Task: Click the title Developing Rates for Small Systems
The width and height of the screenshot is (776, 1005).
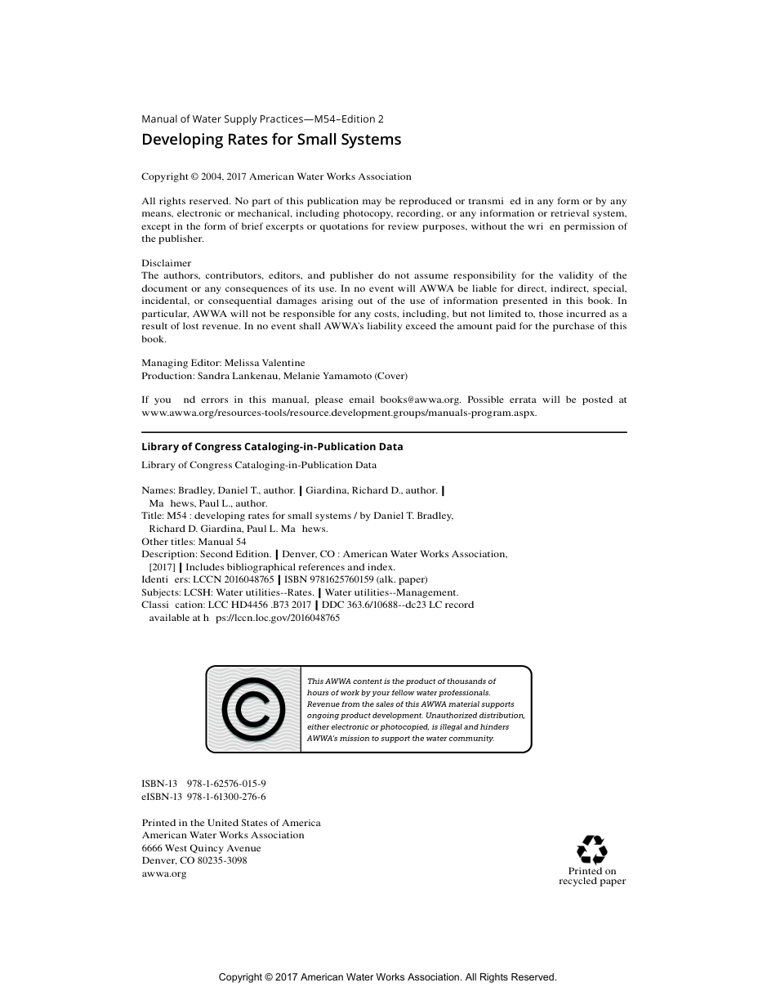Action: point(271,140)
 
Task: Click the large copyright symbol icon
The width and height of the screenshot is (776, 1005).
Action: point(253,709)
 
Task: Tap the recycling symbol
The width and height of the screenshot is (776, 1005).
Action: point(591,849)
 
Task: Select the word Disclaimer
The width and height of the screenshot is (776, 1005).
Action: point(166,263)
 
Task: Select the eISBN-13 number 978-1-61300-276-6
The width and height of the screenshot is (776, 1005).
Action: point(226,796)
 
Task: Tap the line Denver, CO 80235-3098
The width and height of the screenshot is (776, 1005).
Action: point(194,860)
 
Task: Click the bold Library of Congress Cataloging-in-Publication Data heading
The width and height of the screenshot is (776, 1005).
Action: point(272,447)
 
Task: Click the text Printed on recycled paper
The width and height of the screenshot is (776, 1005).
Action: point(592,876)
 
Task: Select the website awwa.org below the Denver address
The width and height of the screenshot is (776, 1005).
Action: point(163,873)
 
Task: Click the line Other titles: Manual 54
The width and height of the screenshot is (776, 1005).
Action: point(194,541)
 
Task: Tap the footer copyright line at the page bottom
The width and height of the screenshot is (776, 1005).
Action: point(387,977)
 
